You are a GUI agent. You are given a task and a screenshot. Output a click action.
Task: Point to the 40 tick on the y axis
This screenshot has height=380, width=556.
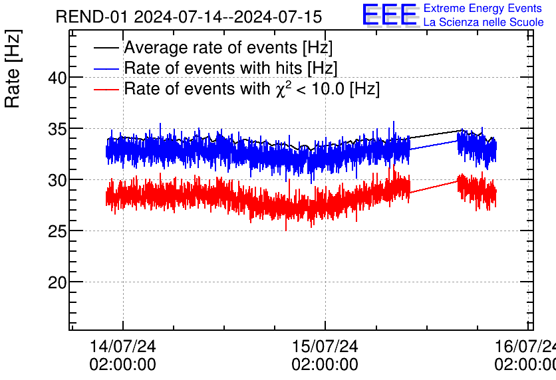coord(58,78)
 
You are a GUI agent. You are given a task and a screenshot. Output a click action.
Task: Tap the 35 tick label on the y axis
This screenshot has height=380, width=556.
coord(58,129)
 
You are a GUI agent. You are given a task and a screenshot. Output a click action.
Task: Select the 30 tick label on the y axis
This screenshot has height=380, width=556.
coord(58,180)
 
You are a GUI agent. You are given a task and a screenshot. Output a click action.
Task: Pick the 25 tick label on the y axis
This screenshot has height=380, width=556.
coord(58,231)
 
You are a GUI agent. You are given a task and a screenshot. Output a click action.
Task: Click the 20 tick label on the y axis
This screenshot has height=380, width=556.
coord(58,282)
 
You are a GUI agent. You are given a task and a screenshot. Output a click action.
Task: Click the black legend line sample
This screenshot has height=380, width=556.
coord(107,48)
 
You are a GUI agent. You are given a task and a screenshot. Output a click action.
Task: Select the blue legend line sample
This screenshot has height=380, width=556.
coord(107,68)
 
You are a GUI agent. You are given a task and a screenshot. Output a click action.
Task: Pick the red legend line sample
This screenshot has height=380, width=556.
coord(107,89)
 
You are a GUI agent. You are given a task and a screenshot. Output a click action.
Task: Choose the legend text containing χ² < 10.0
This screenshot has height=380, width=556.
coord(251,89)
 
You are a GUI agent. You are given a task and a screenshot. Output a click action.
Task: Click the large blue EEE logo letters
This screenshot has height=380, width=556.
coord(390,15)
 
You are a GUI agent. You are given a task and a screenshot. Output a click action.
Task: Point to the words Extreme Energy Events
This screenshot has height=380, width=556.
coord(483,9)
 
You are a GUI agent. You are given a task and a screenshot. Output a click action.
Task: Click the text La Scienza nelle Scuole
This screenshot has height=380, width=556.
coord(484,22)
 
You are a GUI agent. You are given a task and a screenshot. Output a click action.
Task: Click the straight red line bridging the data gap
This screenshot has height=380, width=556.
coord(434,187)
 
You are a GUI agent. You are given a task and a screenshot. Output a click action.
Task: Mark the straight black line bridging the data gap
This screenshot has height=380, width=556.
coord(434,134)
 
